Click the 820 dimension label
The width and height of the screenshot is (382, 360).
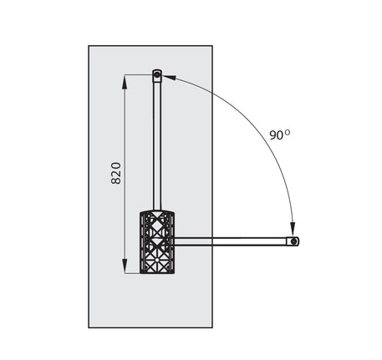point(116,173)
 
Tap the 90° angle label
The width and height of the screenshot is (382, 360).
point(279,134)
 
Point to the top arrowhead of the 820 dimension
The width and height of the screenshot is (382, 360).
point(125,82)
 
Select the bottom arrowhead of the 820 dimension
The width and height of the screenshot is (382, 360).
point(125,266)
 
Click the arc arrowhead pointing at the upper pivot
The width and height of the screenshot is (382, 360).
point(169,78)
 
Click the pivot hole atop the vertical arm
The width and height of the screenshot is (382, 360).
point(157,74)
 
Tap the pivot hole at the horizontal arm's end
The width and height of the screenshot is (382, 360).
point(293,241)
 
